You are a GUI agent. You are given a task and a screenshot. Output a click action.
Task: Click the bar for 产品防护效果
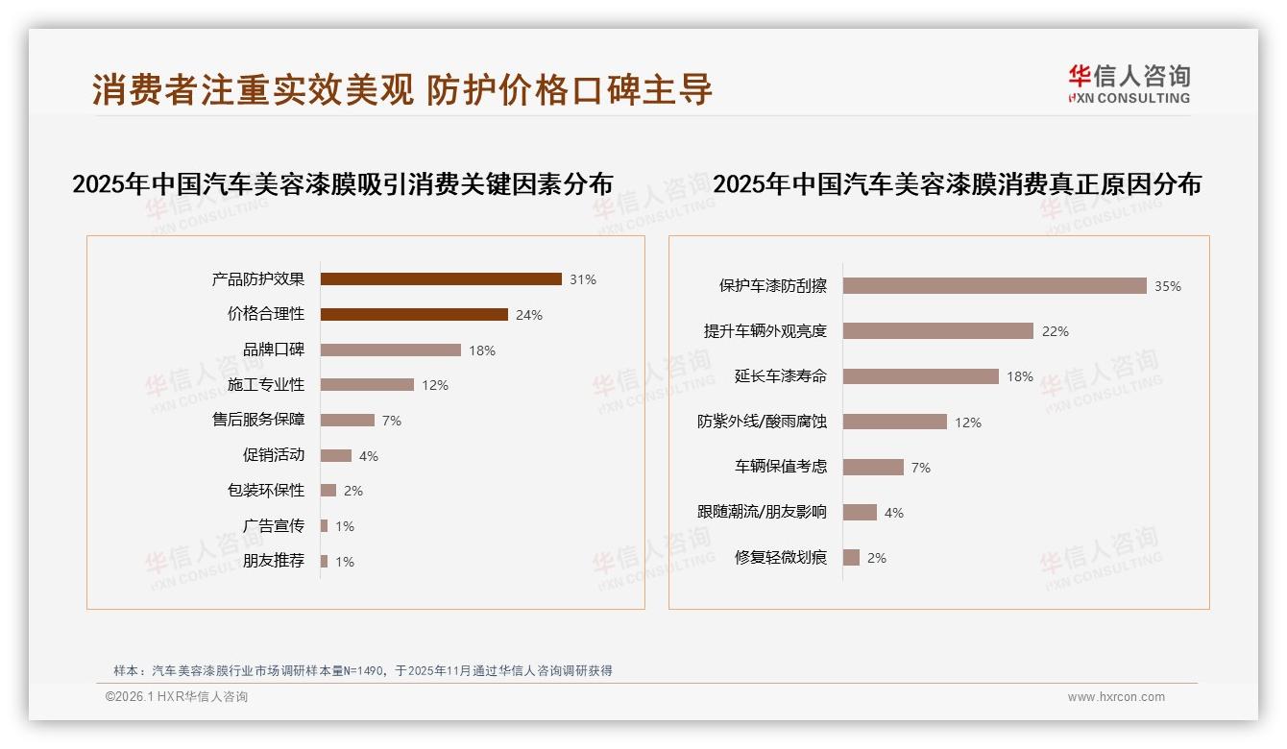click(x=441, y=279)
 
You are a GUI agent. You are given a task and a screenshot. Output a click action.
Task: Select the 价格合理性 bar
click(x=414, y=314)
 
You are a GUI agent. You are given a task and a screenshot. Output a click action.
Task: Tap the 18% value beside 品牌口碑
click(x=482, y=350)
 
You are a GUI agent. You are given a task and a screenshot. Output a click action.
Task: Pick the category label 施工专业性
click(x=266, y=385)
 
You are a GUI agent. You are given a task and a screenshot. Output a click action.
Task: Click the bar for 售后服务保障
click(x=348, y=421)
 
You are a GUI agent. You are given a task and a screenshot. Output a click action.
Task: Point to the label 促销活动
click(x=274, y=455)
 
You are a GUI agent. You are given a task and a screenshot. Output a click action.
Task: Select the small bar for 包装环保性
click(x=328, y=491)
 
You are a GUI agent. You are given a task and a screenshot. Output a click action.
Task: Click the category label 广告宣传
click(x=274, y=525)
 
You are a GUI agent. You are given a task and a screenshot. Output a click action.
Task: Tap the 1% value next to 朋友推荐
click(x=345, y=562)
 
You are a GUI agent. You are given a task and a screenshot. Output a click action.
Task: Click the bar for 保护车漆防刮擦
click(x=995, y=286)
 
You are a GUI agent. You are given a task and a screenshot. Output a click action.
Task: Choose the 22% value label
click(x=1056, y=331)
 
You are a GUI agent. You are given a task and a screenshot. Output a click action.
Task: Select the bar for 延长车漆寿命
click(x=921, y=376)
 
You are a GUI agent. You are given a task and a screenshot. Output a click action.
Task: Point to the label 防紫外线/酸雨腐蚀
click(x=762, y=422)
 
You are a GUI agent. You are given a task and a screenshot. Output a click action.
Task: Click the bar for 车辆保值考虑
click(x=873, y=467)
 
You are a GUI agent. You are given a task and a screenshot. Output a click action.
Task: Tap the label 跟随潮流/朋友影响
click(x=762, y=512)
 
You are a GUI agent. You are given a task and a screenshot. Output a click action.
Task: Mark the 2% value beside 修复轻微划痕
click(x=877, y=558)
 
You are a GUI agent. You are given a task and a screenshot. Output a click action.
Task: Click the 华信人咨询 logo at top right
click(x=1129, y=84)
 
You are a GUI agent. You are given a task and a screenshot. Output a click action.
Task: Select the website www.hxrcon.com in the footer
click(x=1116, y=697)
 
